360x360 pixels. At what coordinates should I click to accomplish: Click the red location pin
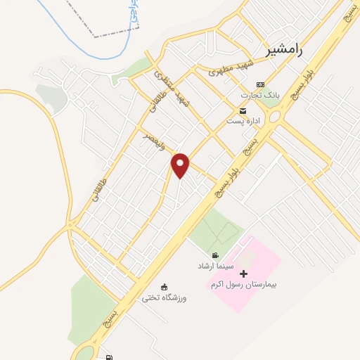[181, 165]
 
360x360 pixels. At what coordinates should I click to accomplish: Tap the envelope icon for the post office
[243, 111]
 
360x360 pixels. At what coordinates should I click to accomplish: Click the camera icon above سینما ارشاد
[214, 255]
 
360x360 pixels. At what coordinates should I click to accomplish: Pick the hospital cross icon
[244, 274]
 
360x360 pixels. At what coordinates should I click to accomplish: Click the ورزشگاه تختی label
[165, 298]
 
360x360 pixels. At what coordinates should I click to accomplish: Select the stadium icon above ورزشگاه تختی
[165, 287]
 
